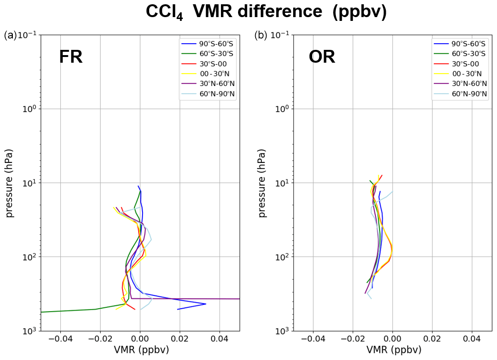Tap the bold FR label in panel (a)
(71, 57)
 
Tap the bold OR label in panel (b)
(322, 57)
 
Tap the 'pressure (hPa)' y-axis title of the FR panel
(10, 183)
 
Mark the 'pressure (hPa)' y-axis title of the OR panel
(262, 183)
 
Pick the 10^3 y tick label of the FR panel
(29, 331)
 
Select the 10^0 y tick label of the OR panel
(282, 109)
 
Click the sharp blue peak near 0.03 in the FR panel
(205, 304)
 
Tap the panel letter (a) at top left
(10, 35)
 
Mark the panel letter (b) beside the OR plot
(261, 35)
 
